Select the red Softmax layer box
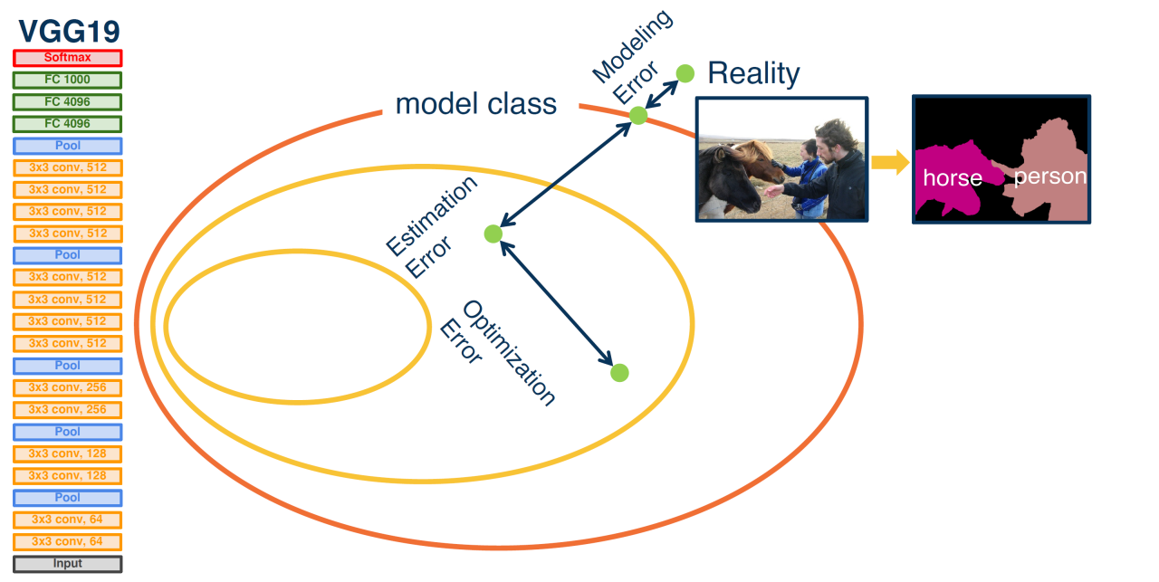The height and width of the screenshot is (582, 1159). tap(68, 58)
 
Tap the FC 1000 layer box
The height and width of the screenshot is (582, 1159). tap(68, 80)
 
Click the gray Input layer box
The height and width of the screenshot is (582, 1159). tap(68, 564)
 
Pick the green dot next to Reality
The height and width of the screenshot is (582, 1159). tap(685, 72)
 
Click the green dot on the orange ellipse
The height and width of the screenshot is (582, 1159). tap(638, 115)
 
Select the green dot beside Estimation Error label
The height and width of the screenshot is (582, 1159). tap(493, 234)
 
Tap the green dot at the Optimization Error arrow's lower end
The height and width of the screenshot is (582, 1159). tap(619, 372)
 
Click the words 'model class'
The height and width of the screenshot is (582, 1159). tap(476, 104)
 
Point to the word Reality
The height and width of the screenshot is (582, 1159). tap(753, 73)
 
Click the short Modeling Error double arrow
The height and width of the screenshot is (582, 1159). tap(662, 94)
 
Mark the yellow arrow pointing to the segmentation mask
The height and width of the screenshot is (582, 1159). tap(890, 163)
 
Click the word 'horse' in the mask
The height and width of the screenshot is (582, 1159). tap(953, 178)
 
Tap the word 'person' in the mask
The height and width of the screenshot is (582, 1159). tap(1049, 177)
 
